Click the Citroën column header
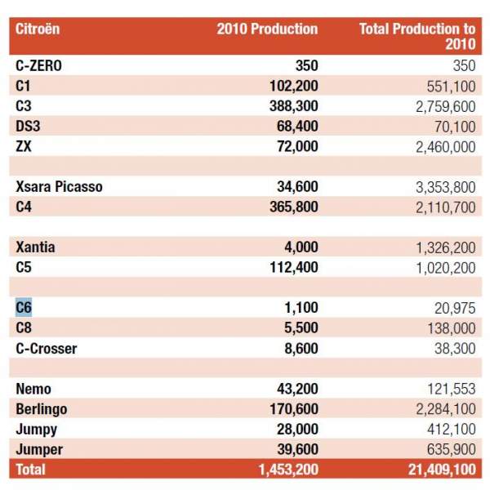coord(38,29)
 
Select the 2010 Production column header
coord(267,29)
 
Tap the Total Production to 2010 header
coord(417,36)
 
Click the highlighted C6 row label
coord(24,308)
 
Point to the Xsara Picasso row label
coord(59,187)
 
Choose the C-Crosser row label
coord(47,349)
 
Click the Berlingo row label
coord(42,409)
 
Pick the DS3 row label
coord(28,127)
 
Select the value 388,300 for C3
coord(294,106)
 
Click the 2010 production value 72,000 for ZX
coord(297,147)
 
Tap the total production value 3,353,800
coord(446,187)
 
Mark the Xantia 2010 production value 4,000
coord(301,247)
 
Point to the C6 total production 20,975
coord(455,309)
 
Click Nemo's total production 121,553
coord(452,389)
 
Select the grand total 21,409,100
coord(443,470)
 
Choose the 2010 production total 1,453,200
coord(288,470)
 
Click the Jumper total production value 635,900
coord(452,450)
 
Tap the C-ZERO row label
coord(38,66)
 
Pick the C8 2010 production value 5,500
coord(301,328)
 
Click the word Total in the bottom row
coord(30,470)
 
